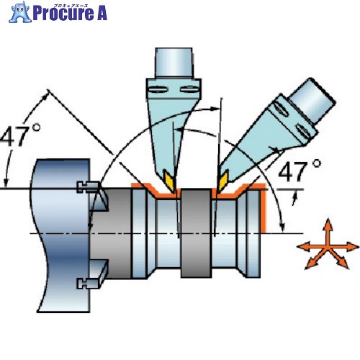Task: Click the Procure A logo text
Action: (x=70, y=13)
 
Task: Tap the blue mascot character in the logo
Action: (x=20, y=12)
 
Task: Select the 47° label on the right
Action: (x=300, y=171)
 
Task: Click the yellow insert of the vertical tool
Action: (x=170, y=181)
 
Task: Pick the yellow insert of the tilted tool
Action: (x=222, y=181)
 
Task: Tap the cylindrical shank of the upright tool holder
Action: (x=174, y=63)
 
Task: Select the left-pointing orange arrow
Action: (x=312, y=247)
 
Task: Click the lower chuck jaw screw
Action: (x=88, y=283)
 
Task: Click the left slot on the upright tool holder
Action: (x=157, y=90)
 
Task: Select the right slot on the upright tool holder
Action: (x=189, y=90)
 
